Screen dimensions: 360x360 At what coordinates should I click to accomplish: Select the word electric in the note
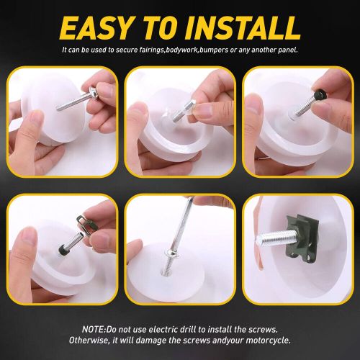coord(168,327)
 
